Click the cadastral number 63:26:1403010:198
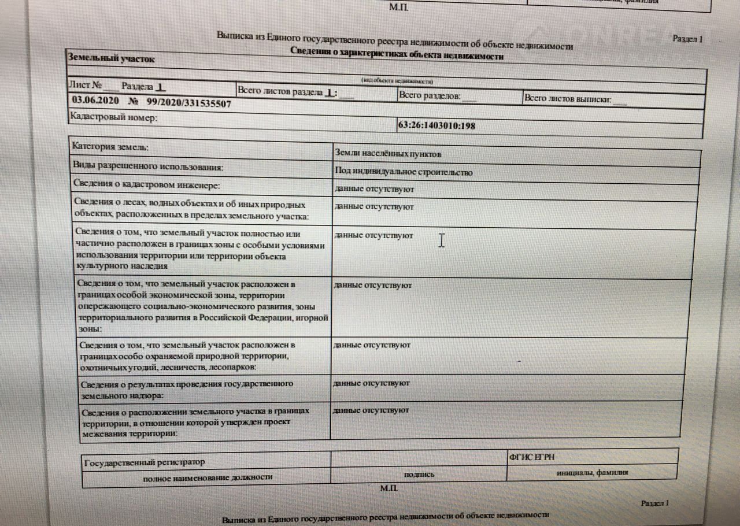point(436,125)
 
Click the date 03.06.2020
point(95,99)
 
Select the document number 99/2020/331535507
point(187,103)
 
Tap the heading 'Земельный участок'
point(111,58)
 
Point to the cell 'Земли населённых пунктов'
point(388,154)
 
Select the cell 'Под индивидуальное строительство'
point(404,172)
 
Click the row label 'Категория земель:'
point(110,147)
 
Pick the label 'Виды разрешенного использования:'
point(148,166)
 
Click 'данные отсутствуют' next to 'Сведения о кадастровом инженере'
point(374,189)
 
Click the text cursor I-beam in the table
point(442,240)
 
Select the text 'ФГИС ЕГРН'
point(532,457)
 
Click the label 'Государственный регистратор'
point(144,462)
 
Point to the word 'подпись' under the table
point(419,475)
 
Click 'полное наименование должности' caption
point(208,477)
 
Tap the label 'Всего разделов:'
point(430,96)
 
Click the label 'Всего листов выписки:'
point(567,98)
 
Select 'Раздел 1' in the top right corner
point(688,39)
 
